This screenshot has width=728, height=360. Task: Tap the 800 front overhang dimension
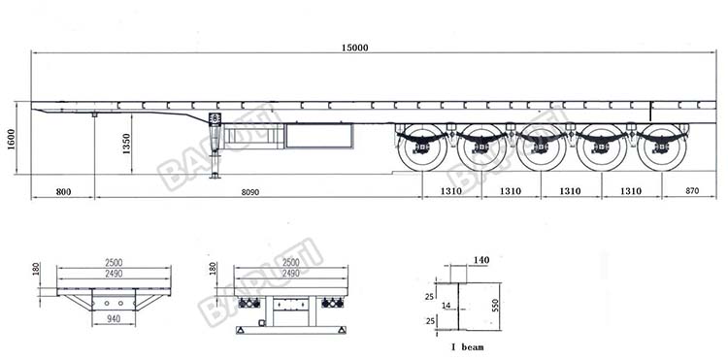[63, 192]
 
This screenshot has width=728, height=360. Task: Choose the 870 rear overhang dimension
[691, 192]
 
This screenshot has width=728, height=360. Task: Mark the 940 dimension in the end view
[115, 318]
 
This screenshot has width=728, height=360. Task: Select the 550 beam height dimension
[496, 304]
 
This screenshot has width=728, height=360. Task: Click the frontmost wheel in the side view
[420, 148]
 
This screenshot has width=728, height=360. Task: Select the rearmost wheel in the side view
[662, 148]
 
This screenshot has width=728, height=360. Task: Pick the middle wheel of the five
[541, 148]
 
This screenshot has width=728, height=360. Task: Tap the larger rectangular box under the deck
[319, 136]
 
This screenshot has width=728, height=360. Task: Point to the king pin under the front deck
[94, 115]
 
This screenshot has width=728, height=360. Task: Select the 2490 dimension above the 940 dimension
[115, 275]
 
